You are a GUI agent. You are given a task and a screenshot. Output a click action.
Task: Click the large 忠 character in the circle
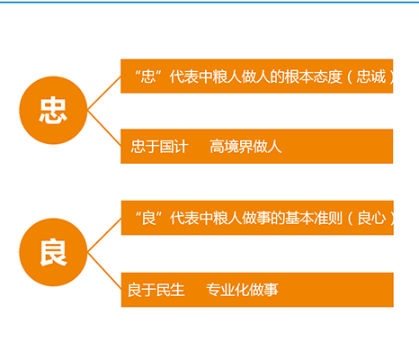53,111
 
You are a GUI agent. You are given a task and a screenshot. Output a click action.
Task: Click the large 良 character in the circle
53,252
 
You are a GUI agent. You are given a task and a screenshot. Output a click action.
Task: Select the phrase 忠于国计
159,147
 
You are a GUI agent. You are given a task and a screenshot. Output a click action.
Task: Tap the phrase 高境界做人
245,147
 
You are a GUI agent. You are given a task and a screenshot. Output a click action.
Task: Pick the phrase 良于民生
156,290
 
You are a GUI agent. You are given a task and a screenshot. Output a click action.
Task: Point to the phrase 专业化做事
242,290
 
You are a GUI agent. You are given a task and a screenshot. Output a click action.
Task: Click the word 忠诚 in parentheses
370,76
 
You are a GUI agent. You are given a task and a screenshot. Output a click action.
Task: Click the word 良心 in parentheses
371,218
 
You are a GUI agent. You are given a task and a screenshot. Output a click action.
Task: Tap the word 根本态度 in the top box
313,76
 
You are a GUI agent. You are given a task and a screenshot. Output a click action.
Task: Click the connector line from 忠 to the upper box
104,93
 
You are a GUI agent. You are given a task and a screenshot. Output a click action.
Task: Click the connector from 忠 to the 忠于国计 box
104,129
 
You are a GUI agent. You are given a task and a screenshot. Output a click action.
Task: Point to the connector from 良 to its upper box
104,235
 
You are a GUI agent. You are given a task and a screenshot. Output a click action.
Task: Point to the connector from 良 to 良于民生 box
104,271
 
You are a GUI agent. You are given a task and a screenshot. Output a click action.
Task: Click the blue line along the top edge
209,2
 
